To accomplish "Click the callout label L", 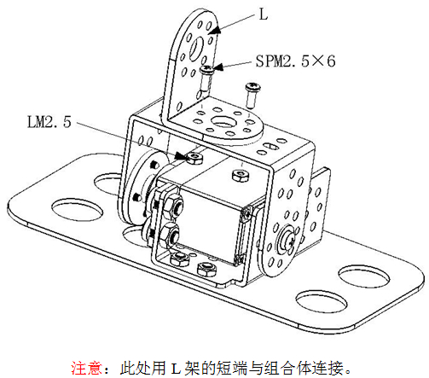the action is pos(264,14).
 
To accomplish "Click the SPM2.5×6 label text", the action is pos(296,61).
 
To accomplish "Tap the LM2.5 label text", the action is pos(49,122).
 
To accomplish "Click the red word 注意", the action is pos(86,368).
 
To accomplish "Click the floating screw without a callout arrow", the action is pos(252,96).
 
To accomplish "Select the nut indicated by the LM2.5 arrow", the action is pos(195,158).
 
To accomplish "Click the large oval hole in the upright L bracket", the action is pos(196,48).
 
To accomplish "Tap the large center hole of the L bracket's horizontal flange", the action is pos(224,122).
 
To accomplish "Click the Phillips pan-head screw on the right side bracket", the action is pos(288,240).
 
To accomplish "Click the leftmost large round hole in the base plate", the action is pos(77,210).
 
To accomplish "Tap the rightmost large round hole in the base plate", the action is pos(364,276).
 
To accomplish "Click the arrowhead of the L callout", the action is pos(215,30).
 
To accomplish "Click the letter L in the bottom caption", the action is pos(176,369).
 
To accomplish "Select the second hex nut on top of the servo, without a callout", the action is pos(241,175).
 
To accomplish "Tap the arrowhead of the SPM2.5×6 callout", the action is pos(217,67).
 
